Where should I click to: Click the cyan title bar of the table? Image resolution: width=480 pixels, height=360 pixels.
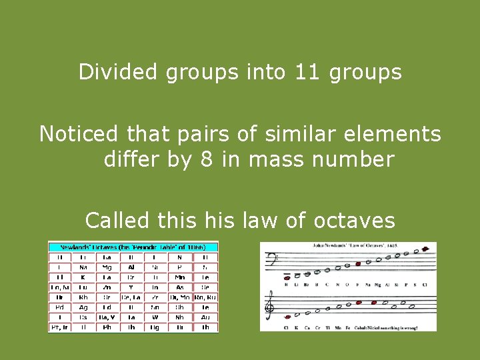(133, 247)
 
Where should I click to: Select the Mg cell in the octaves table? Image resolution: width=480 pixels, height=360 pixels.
(107, 267)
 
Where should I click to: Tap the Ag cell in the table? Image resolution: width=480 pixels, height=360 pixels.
(83, 307)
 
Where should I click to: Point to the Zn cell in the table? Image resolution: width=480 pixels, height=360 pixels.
(107, 287)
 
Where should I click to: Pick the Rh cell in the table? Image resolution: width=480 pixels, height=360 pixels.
(83, 297)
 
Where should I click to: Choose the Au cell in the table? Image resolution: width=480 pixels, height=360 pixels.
(206, 317)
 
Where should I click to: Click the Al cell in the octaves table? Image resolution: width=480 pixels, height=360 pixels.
(131, 267)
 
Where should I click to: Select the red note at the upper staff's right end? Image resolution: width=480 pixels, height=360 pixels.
(424, 249)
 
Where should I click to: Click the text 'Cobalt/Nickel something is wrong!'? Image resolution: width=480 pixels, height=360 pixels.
(399, 327)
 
